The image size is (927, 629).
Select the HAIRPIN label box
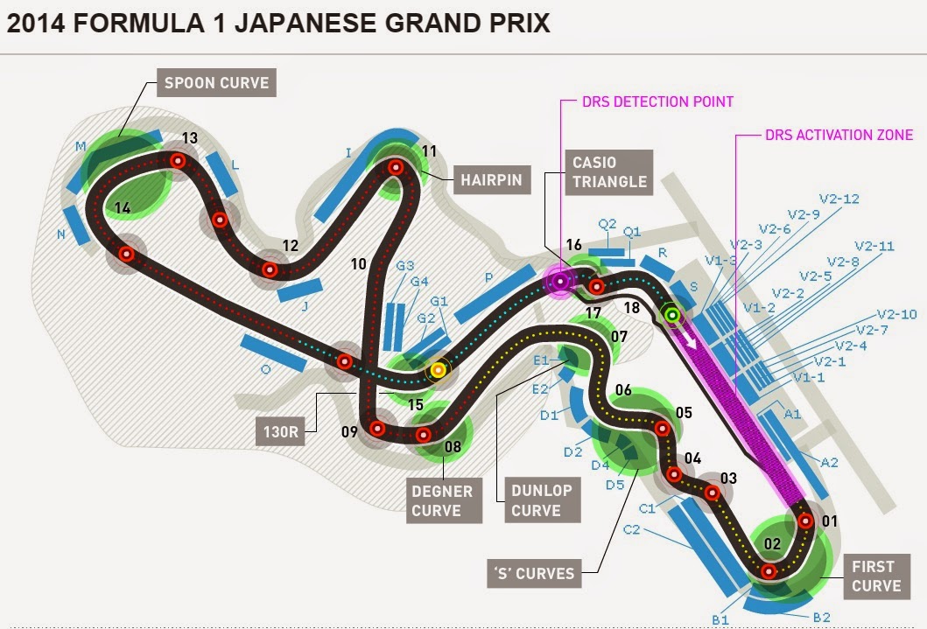point(489,179)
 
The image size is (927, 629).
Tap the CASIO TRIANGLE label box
point(608,171)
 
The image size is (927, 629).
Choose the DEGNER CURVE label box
point(445,500)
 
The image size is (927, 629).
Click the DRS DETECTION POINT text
point(657,101)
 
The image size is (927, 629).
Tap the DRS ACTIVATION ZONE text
point(839,135)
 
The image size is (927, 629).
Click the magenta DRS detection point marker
point(559,281)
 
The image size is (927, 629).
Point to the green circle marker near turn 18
point(672,314)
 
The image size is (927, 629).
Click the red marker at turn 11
point(396,167)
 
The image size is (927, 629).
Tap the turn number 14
point(122,208)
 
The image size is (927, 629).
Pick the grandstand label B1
point(720,619)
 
